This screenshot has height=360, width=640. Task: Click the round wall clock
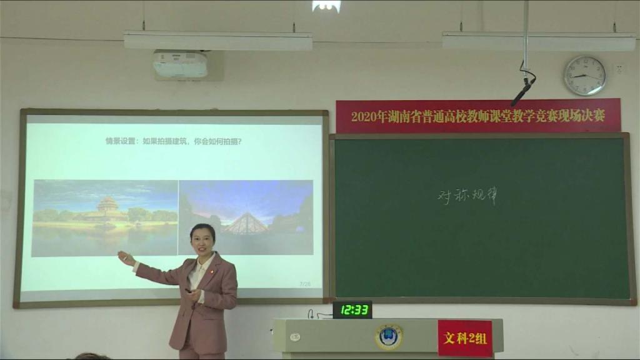584,76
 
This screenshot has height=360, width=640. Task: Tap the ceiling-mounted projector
180,64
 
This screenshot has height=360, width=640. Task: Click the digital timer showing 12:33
352,309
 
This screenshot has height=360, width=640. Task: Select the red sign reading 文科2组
465,338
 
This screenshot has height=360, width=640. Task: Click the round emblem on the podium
388,336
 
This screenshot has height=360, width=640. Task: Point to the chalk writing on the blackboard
467,197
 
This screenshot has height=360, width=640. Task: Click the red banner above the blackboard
478,116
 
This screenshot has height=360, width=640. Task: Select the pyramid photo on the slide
246,217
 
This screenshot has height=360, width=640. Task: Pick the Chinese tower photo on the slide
105,217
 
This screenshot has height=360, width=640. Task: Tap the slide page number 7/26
305,284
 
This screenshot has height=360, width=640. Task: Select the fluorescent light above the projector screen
217,41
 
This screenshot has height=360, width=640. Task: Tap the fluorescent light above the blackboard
538,41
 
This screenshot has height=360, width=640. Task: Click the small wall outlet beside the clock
619,68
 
